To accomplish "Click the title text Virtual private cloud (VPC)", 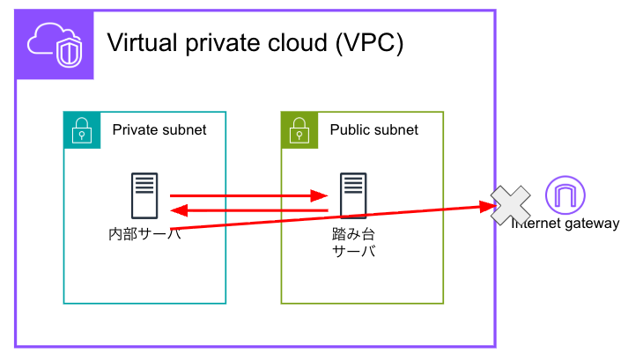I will [x=255, y=43].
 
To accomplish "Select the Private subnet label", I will [x=159, y=129].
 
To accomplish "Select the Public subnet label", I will [x=374, y=129].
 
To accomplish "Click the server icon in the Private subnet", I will [x=144, y=195].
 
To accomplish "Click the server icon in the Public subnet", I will [x=353, y=195].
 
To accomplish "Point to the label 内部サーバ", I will [x=144, y=234].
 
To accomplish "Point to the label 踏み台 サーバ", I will [x=353, y=243].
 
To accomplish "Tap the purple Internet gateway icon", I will [x=565, y=195].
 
